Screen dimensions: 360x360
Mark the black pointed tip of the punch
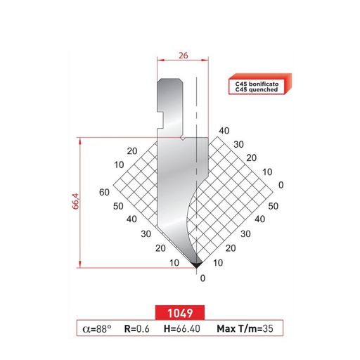[x=197, y=264]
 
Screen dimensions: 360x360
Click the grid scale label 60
[x=105, y=192]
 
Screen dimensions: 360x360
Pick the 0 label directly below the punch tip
[x=202, y=278]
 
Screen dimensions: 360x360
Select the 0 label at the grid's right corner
[x=281, y=185]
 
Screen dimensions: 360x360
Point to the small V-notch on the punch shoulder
[x=182, y=139]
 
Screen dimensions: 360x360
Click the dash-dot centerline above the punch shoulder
[x=197, y=105]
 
